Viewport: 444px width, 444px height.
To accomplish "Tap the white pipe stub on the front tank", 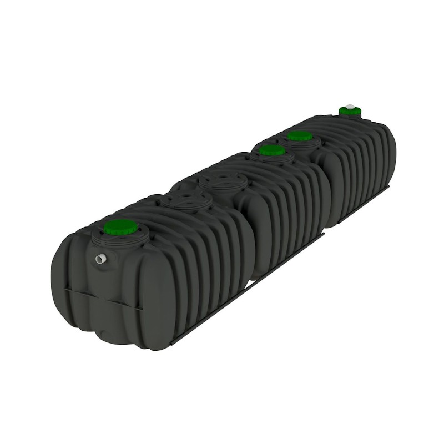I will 100,259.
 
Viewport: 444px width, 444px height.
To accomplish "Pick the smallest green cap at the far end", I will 350,111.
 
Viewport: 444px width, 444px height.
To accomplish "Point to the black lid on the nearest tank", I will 186,201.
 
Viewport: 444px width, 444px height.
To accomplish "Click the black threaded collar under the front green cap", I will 120,238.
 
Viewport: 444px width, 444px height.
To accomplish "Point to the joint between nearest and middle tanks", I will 250,233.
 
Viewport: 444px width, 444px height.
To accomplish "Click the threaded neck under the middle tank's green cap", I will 272,158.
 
